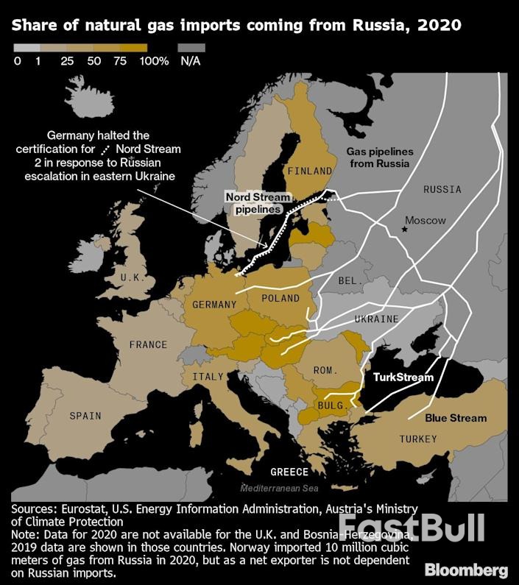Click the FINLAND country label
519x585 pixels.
[x=310, y=171]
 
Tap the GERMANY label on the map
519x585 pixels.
[x=214, y=305]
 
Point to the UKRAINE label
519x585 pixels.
[x=376, y=319]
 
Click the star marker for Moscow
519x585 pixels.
[x=404, y=230]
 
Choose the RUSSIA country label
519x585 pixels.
[x=442, y=189]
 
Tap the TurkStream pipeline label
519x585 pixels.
[x=403, y=377]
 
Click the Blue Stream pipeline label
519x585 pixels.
[x=456, y=418]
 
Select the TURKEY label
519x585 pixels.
[x=418, y=439]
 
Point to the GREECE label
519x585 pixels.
[x=289, y=472]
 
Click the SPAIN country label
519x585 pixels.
[x=85, y=416]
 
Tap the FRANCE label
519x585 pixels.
[x=148, y=344]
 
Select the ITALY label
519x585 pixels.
[x=208, y=377]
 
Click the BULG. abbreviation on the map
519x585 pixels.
[x=328, y=405]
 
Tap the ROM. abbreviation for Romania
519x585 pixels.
[x=325, y=369]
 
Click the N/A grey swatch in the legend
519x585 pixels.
[x=191, y=47]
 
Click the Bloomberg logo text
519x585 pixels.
[x=466, y=570]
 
